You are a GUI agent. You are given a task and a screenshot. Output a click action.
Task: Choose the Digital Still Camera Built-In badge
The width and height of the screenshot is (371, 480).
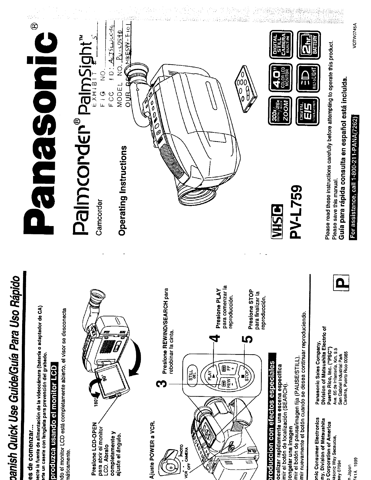tap(279, 42)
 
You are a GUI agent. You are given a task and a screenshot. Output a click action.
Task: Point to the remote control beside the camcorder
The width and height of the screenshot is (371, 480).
tap(244, 87)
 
